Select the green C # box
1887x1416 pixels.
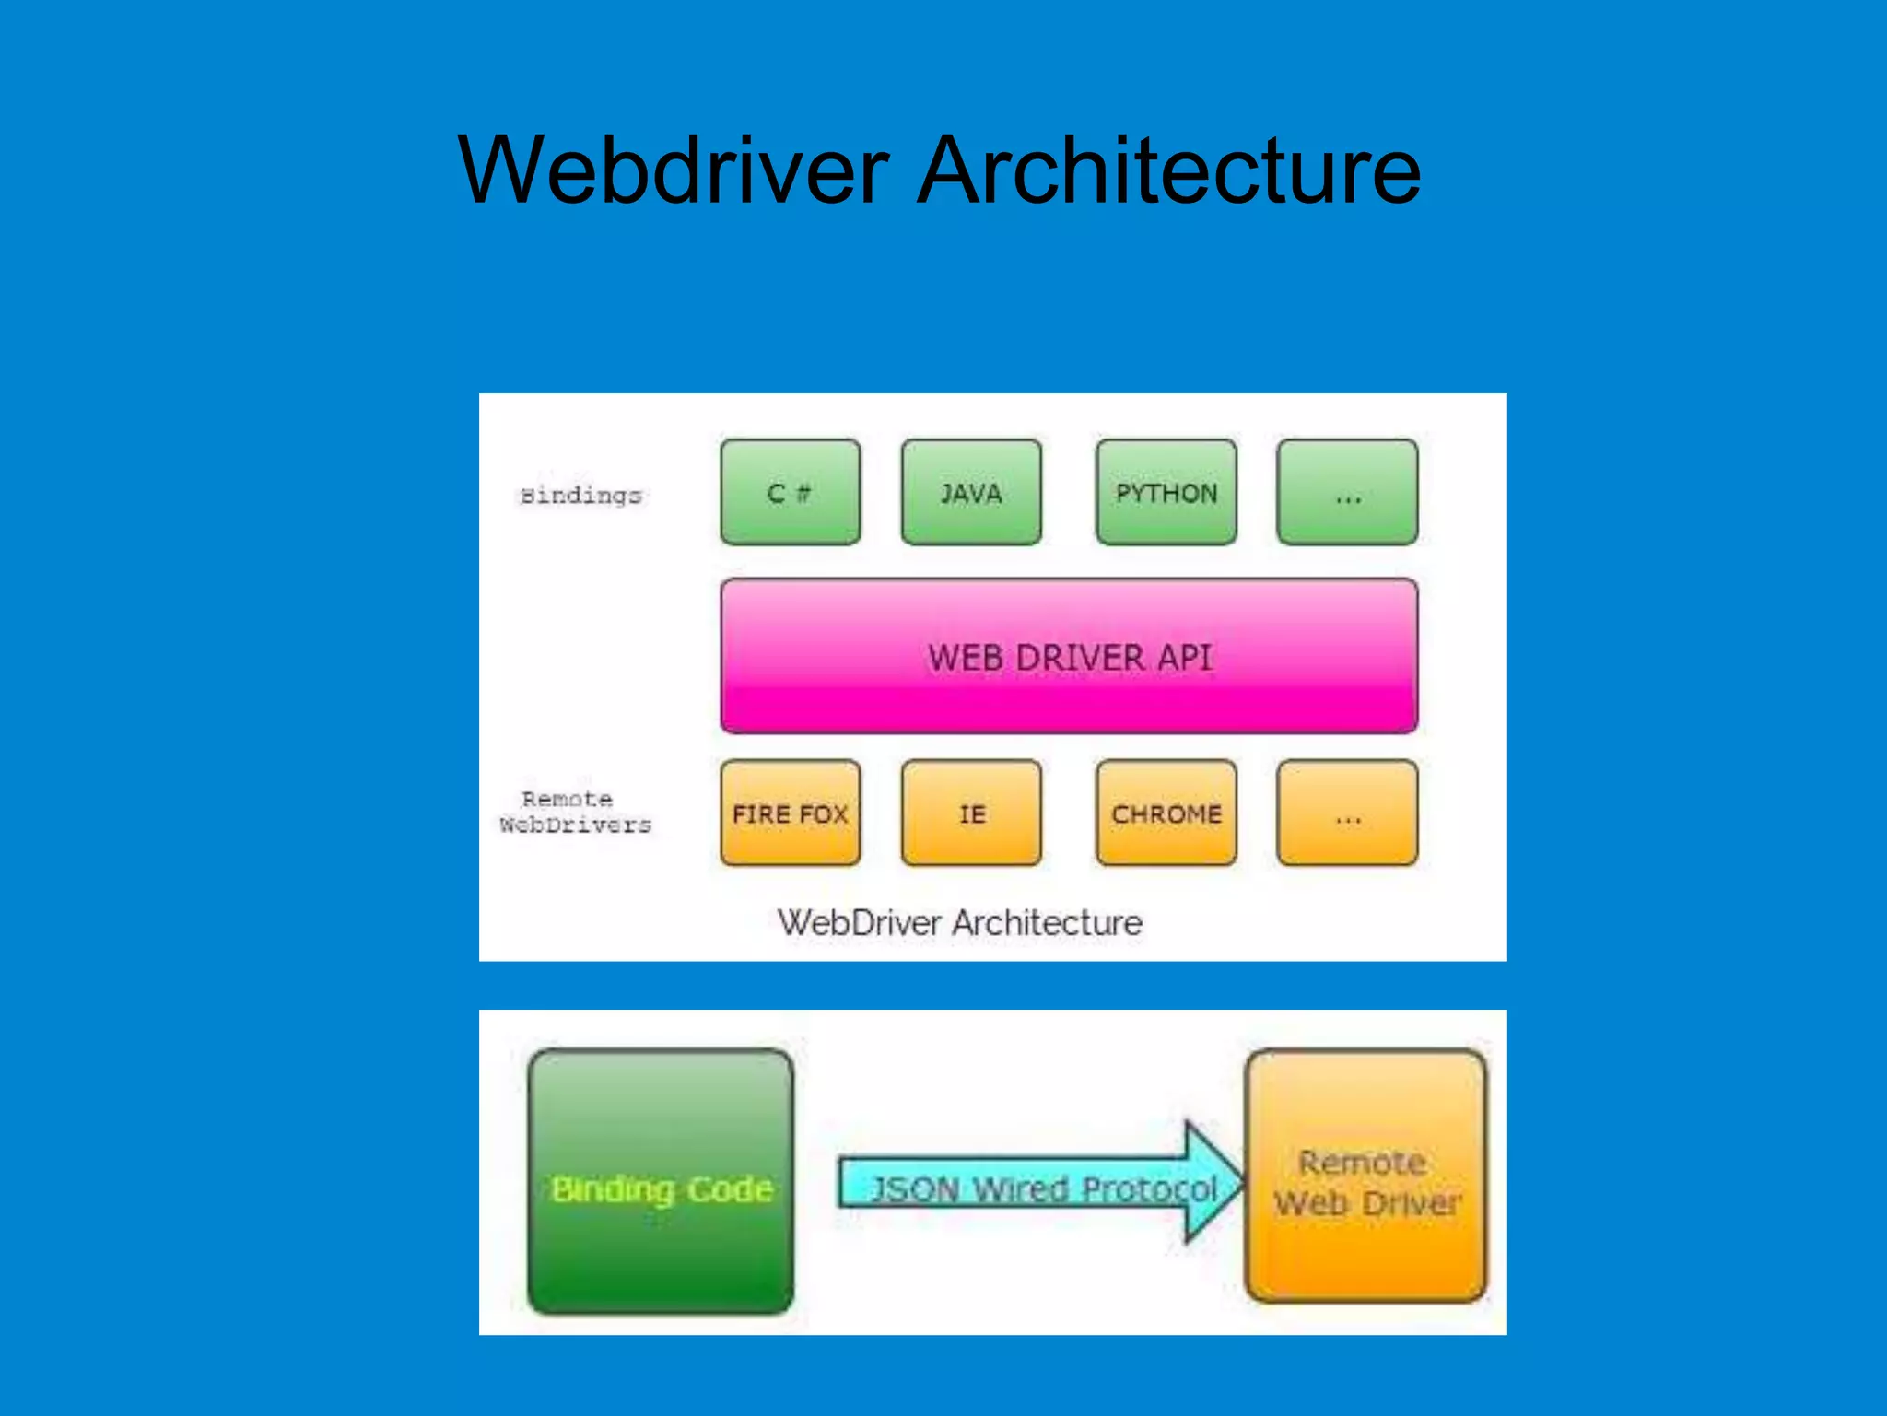click(790, 493)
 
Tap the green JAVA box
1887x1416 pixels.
click(971, 493)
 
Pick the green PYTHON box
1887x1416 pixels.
click(1166, 493)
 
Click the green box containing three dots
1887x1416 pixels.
click(1347, 493)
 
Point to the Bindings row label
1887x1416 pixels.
click(580, 496)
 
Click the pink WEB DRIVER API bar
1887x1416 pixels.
click(1069, 657)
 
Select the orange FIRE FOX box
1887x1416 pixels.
click(790, 813)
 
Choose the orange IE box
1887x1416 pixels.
click(971, 813)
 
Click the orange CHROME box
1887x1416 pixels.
click(1166, 813)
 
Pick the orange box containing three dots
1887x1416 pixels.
click(1347, 813)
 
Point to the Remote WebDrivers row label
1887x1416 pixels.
click(575, 812)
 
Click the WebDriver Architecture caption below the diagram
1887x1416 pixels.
click(959, 922)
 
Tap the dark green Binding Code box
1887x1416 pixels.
click(661, 1181)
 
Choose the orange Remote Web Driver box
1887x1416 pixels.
click(1365, 1176)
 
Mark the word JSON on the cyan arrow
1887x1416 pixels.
click(916, 1189)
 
